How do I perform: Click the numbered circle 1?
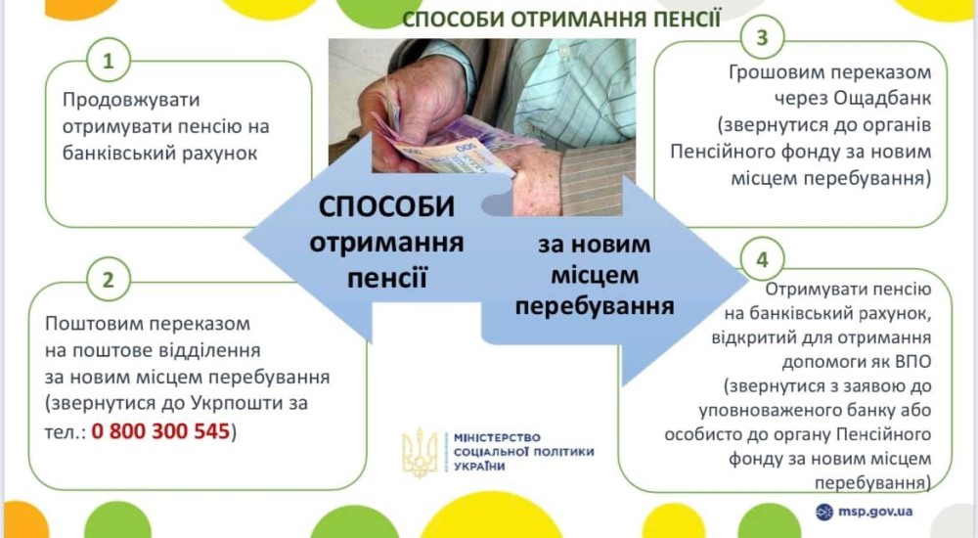109,62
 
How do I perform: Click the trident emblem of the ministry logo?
420,452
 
